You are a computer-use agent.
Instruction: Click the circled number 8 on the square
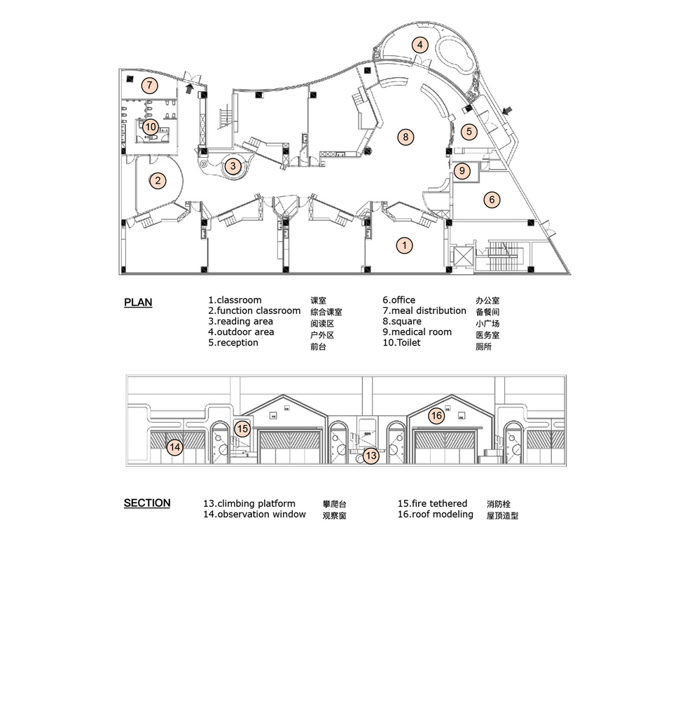tap(406, 137)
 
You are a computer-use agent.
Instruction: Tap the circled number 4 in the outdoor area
tap(420, 45)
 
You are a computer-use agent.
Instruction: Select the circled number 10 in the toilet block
tap(151, 127)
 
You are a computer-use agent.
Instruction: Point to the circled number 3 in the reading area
tap(233, 166)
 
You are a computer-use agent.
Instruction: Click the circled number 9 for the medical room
tap(462, 170)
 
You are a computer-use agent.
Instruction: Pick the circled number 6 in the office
tap(492, 199)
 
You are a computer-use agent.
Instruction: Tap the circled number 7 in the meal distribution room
tap(150, 86)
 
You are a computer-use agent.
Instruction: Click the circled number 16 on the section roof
tap(436, 416)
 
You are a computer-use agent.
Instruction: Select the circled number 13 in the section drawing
tap(371, 456)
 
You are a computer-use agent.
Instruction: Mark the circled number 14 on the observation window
tap(175, 447)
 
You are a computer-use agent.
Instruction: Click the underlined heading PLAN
tap(138, 303)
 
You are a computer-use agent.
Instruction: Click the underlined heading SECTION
tap(147, 503)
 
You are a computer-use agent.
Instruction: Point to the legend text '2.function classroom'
tap(254, 311)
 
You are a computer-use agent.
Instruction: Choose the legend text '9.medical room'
tap(417, 332)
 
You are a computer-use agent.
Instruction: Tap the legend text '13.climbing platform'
tap(249, 504)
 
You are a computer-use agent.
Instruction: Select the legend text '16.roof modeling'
tap(436, 515)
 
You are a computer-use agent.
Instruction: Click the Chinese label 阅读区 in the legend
tap(322, 324)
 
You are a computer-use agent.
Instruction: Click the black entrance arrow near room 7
tap(190, 88)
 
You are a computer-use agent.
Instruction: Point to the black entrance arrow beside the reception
tap(507, 111)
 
